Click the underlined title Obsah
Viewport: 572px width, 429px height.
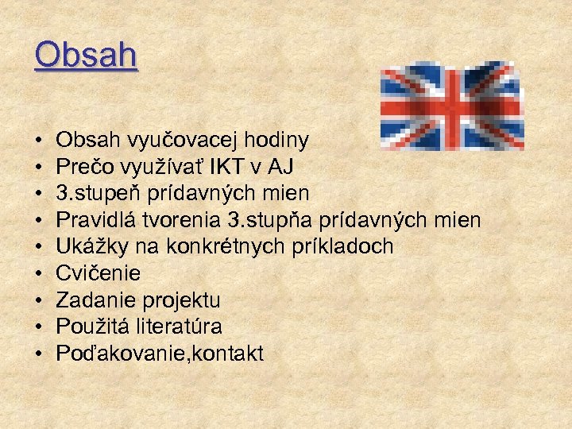click(86, 56)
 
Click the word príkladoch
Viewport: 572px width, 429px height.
click(346, 247)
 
